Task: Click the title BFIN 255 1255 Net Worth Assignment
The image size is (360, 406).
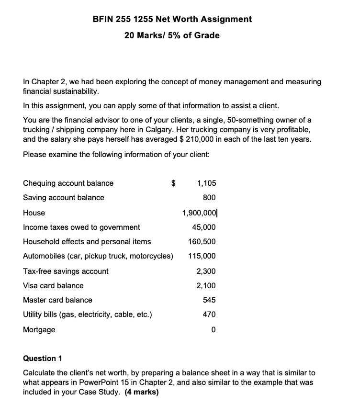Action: click(x=172, y=19)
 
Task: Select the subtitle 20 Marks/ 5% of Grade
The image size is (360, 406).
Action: click(x=172, y=35)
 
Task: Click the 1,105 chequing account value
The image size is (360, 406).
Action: click(x=206, y=183)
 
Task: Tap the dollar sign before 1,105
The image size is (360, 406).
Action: click(x=175, y=183)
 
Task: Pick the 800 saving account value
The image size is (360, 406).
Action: click(x=209, y=197)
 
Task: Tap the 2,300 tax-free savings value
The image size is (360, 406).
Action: click(x=206, y=271)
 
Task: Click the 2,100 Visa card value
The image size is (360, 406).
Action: click(x=206, y=285)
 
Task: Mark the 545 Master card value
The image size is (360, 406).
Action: click(x=209, y=300)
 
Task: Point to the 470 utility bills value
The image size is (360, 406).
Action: click(x=209, y=315)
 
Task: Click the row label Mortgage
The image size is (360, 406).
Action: click(x=39, y=330)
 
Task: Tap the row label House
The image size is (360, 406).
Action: click(x=34, y=213)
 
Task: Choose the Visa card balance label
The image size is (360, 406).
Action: click(x=53, y=285)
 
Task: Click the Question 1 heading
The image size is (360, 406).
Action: click(x=43, y=358)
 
